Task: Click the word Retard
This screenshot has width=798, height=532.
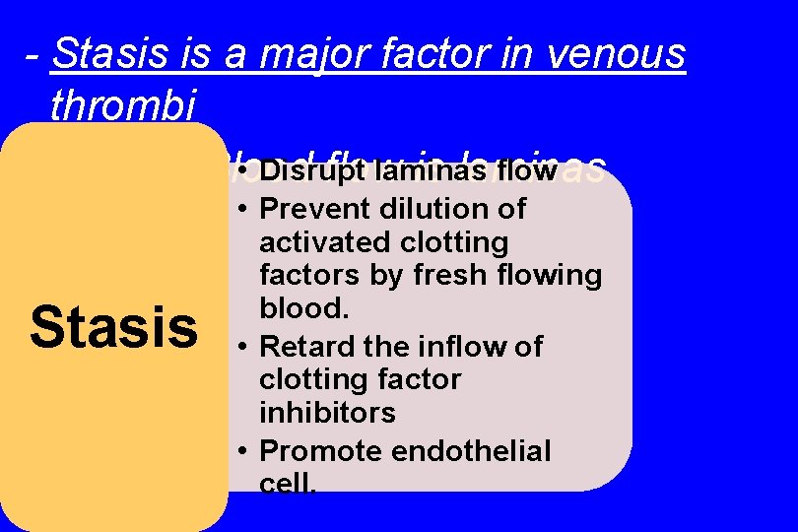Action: (304, 347)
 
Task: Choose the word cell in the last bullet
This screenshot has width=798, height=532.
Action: (285, 483)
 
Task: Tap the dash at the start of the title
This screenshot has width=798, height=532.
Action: (34, 57)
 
